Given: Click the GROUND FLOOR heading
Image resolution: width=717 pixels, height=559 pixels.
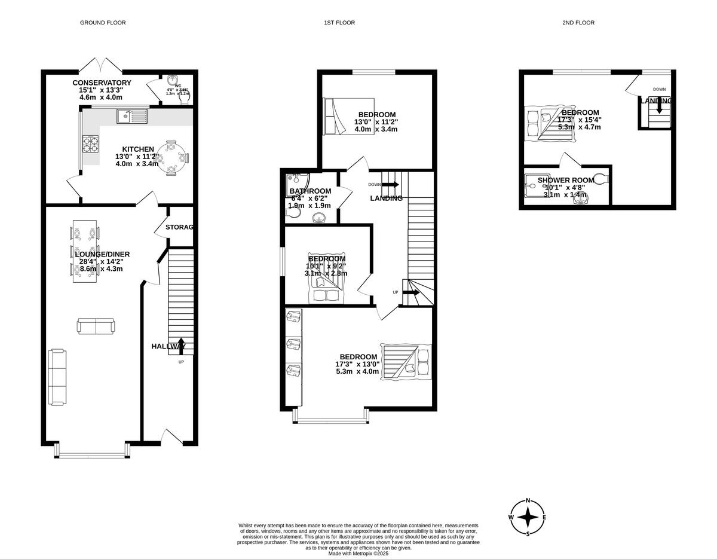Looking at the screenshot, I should tap(103, 23).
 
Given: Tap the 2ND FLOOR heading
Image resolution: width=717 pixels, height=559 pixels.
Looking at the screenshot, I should tap(578, 23).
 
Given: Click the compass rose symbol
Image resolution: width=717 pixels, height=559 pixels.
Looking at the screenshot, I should tap(528, 517).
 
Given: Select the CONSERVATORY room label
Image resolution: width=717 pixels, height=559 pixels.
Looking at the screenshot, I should tap(102, 83).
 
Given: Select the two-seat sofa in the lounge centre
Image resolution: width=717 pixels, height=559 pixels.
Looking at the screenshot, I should tap(96, 326).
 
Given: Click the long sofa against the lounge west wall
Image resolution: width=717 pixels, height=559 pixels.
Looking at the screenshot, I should tap(57, 377).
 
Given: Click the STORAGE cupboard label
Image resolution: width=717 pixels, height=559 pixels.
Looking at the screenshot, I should tap(179, 227).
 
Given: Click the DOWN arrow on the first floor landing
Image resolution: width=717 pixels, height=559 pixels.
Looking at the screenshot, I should tap(391, 185).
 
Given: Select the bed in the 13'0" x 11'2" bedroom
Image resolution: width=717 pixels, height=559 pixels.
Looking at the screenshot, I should tap(348, 116).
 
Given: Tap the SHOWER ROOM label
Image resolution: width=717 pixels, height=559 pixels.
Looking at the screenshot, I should tap(565, 180).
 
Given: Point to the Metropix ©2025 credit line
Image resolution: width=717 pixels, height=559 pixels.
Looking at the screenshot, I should tap(358, 553).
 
